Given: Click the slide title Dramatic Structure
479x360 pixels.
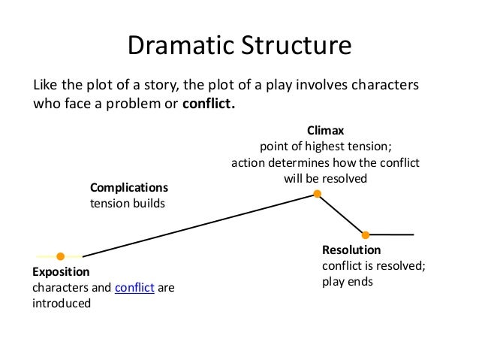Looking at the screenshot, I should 239,45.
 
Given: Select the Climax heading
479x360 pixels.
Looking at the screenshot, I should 324,130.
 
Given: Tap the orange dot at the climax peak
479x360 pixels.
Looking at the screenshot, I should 318,194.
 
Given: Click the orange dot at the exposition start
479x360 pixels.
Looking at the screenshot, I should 61,256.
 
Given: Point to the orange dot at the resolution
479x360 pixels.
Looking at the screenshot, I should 366,234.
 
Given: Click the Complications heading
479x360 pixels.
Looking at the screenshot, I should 129,187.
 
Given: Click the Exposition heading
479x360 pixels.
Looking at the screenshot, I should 61,271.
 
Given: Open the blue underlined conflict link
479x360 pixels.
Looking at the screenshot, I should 134,288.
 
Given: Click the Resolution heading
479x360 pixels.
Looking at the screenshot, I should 351,250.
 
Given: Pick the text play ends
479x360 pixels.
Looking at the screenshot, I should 348,282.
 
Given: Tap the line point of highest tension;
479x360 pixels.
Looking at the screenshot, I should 324,147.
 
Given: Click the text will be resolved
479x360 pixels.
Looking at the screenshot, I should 324,179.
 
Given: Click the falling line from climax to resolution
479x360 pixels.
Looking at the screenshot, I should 342,214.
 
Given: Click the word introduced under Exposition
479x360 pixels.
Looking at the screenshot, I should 61,304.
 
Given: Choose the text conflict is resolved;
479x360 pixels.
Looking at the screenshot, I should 373,266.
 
